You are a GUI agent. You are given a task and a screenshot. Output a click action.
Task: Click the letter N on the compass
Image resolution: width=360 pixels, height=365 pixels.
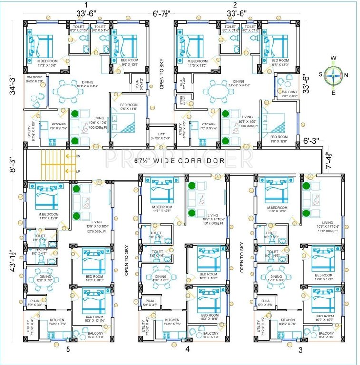[x=346, y=75]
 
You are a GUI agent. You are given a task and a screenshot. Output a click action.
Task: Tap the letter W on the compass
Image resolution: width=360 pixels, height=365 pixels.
[x=333, y=58]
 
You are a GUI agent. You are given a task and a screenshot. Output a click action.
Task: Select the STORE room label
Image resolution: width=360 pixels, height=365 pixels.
[x=181, y=101]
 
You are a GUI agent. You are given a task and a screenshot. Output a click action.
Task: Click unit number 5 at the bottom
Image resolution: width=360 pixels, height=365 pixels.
[x=68, y=350]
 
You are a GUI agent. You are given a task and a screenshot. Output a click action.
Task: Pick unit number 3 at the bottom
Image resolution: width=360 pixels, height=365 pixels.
[x=300, y=350]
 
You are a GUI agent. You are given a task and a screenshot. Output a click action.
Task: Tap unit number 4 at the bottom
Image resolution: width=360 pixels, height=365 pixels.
[x=187, y=350]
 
